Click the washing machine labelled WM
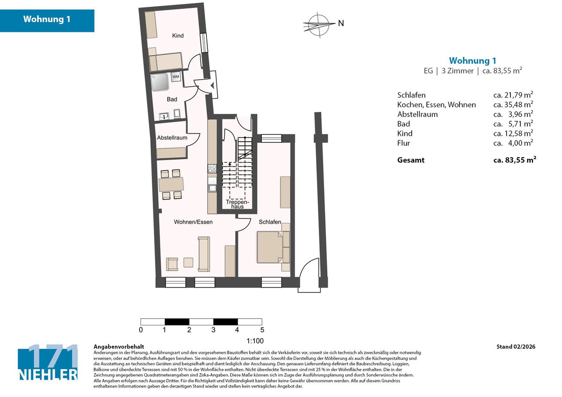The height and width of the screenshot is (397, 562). click(176, 76)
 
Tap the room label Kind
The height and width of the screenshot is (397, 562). click(178, 36)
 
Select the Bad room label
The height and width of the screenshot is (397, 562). click(172, 99)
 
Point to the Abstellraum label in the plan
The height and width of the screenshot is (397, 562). click(172, 138)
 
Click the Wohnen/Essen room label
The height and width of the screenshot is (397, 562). click(193, 222)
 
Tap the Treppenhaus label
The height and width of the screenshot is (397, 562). click(237, 204)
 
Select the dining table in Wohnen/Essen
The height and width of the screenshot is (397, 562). click(171, 184)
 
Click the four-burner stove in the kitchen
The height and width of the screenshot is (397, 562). click(212, 169)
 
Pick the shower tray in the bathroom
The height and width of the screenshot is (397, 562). click(160, 82)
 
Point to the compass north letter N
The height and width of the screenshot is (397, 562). click(341, 23)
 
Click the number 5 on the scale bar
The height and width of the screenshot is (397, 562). click(262, 330)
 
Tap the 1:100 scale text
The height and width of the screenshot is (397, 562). click(255, 341)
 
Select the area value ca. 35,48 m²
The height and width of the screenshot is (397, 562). click(513, 104)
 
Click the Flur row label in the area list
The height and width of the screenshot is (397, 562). click(403, 143)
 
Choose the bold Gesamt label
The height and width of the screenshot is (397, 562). click(411, 160)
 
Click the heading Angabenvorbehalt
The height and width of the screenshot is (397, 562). click(118, 346)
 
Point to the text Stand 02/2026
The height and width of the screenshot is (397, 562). click(516, 346)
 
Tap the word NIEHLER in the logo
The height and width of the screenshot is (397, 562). click(48, 375)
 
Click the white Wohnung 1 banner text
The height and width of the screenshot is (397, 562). click(47, 19)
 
